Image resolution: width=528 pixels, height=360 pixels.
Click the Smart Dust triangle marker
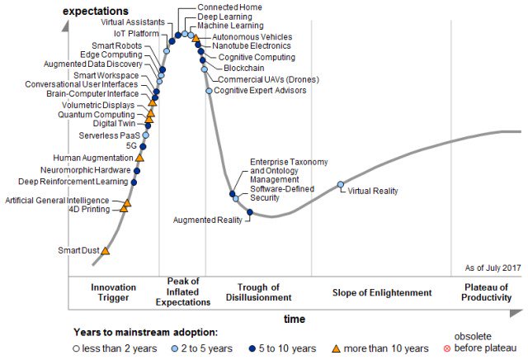pyautogui.click(x=105, y=250)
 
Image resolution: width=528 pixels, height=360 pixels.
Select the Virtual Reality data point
pyautogui.click(x=340, y=185)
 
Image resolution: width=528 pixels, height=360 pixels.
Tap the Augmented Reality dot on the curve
pyautogui.click(x=250, y=212)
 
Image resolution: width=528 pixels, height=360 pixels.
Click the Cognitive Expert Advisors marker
pyautogui.click(x=209, y=91)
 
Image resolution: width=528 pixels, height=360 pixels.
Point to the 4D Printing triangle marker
pyautogui.click(x=124, y=208)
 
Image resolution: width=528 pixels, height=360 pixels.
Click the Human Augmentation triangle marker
pyautogui.click(x=139, y=157)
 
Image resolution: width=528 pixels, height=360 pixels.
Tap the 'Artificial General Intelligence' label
pyautogui.click(x=57, y=200)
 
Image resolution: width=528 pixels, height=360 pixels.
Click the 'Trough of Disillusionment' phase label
pyautogui.click(x=258, y=292)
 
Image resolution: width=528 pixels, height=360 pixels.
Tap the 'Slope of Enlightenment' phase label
pyautogui.click(x=382, y=292)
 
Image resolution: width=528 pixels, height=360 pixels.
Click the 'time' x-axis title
pyautogui.click(x=295, y=319)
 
